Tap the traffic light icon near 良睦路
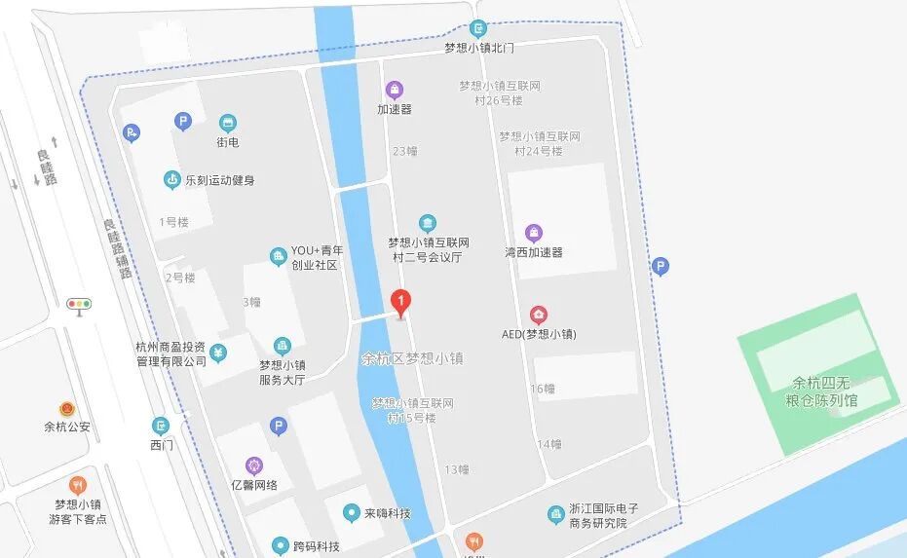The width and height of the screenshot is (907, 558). pos(79,304)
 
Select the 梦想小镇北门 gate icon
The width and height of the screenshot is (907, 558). pos(477,29)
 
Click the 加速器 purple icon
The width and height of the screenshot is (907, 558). pos(394,91)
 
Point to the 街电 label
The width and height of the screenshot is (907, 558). pos(228,142)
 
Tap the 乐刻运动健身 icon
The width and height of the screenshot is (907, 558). pos(172,179)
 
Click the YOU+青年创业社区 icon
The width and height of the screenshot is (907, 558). pos(279,256)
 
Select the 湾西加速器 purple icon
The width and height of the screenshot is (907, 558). pos(534,233)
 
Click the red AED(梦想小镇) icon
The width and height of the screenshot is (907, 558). pos(538,315)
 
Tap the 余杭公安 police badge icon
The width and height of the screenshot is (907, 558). pos(67,407)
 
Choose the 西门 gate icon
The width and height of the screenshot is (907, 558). pos(161,426)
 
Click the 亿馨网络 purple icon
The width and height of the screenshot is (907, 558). pos(254,465)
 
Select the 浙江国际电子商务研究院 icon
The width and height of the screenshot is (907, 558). pos(555,513)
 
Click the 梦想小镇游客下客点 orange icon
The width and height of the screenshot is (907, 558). pos(78,484)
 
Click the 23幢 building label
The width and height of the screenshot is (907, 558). pos(404,151)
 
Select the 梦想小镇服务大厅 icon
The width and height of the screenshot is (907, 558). pos(282,346)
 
